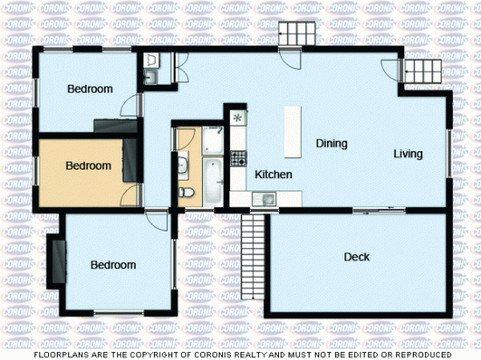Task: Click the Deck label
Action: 356,257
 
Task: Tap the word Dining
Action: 331,143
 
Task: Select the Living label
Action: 408,154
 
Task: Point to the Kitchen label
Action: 273,175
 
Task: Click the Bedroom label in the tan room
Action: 88,165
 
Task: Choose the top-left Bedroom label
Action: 90,89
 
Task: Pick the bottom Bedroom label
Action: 113,265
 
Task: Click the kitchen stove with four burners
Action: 238,158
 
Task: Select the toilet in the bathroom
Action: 185,191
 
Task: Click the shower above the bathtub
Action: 213,139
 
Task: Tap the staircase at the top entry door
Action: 296,34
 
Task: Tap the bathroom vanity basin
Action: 184,163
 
